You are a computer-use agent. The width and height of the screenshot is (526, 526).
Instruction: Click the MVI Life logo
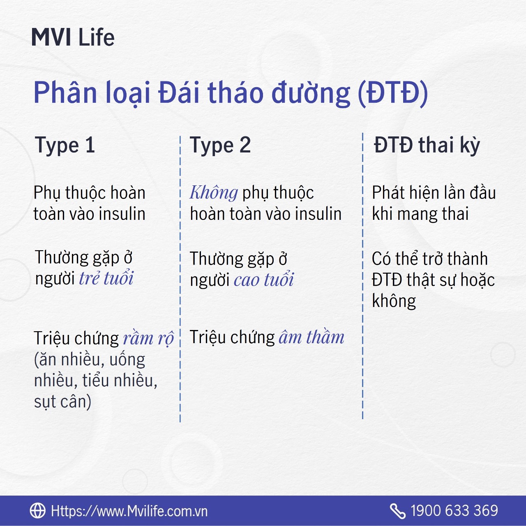[x=73, y=37]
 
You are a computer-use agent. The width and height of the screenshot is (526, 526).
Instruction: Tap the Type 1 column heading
[x=65, y=145]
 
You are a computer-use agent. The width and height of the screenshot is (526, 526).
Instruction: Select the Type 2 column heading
[x=220, y=145]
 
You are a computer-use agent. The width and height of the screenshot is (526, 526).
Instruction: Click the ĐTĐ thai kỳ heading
[x=427, y=145]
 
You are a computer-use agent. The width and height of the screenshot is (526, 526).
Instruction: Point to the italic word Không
[x=214, y=192]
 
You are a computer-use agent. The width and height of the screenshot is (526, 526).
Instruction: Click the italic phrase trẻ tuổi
[x=106, y=278]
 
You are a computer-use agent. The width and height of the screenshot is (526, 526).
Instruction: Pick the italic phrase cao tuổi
[x=264, y=280]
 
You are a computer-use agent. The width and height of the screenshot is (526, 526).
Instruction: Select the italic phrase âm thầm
[x=311, y=337]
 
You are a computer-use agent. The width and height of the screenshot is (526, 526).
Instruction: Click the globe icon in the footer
[x=38, y=510]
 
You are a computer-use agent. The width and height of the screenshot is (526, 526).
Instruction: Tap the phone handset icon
[x=397, y=511]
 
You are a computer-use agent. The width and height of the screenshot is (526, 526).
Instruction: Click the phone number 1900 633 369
[x=454, y=511]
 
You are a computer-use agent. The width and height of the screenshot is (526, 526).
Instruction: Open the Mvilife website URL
[x=129, y=511]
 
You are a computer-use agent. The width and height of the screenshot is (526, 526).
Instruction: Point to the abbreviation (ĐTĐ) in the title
[x=392, y=93]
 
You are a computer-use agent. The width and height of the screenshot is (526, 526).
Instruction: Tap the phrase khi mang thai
[x=420, y=213]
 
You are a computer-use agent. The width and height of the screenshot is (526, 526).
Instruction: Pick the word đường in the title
[x=311, y=93]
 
